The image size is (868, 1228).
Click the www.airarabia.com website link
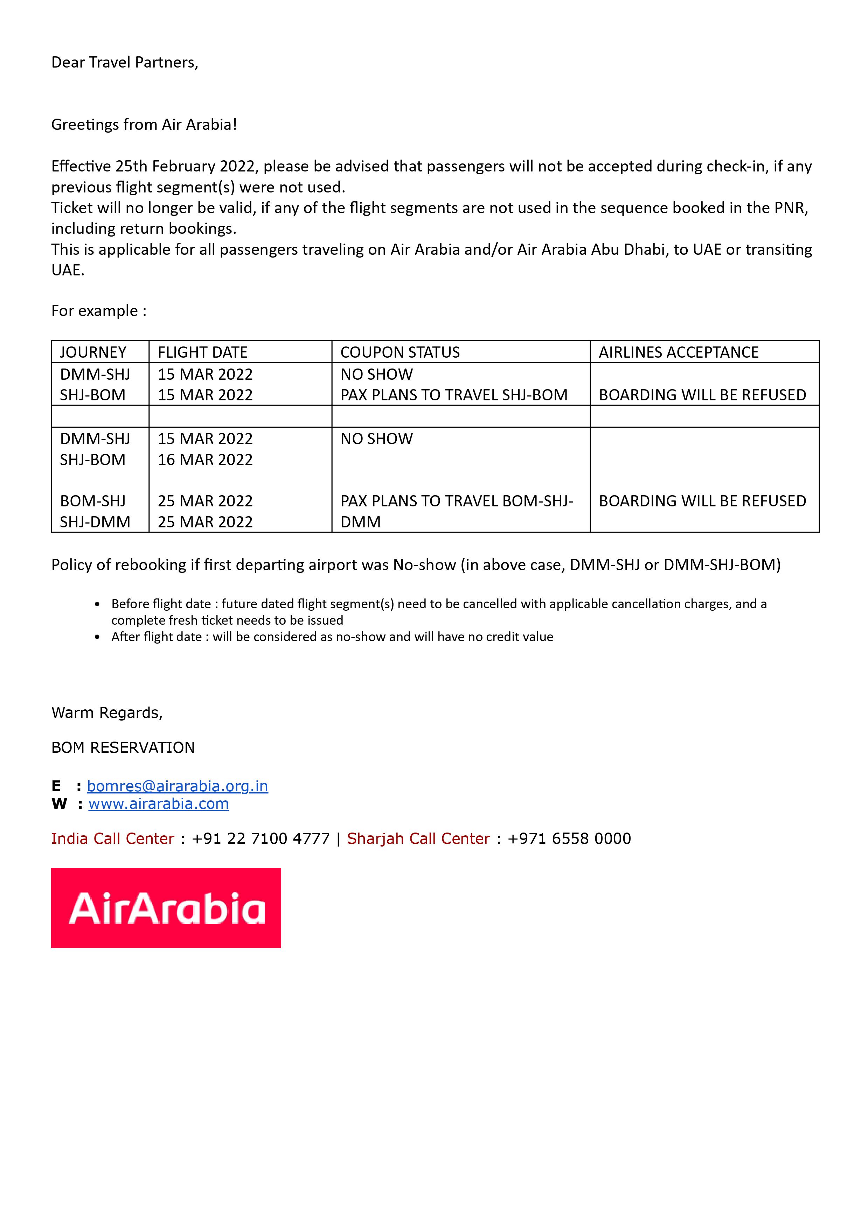[158, 804]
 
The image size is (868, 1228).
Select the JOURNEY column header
[93, 352]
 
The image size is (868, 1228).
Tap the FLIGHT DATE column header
[202, 352]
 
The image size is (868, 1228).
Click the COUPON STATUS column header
[400, 352]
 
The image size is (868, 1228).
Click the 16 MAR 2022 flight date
[205, 459]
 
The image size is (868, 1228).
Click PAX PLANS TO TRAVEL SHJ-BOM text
[454, 395]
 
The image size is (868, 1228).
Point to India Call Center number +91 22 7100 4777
[261, 838]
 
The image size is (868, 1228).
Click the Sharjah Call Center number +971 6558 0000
[569, 838]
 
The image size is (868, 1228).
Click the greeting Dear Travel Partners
[125, 63]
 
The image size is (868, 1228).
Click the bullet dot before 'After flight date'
[97, 637]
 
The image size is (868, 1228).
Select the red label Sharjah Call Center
[418, 838]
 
